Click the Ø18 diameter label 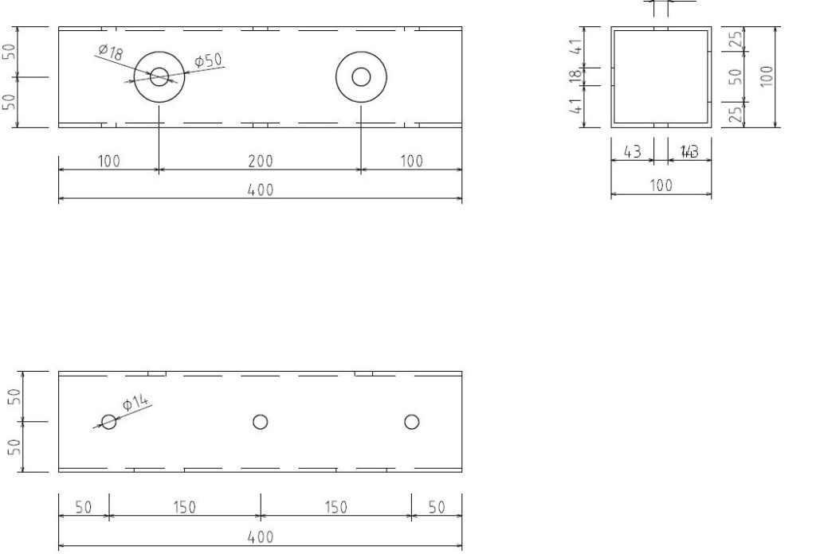110,53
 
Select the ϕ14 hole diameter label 137,404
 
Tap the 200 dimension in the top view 260,162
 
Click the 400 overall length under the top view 260,189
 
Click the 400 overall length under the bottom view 260,537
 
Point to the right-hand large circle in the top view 361,77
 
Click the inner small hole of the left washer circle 159,77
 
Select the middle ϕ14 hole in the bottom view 260,422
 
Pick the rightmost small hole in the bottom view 411,422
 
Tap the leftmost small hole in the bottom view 109,422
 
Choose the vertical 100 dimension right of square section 767,76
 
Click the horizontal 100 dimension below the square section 661,185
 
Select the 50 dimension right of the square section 736,76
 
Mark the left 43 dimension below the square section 632,152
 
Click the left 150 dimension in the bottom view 184,508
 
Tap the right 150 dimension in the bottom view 335,508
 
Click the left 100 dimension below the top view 109,162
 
